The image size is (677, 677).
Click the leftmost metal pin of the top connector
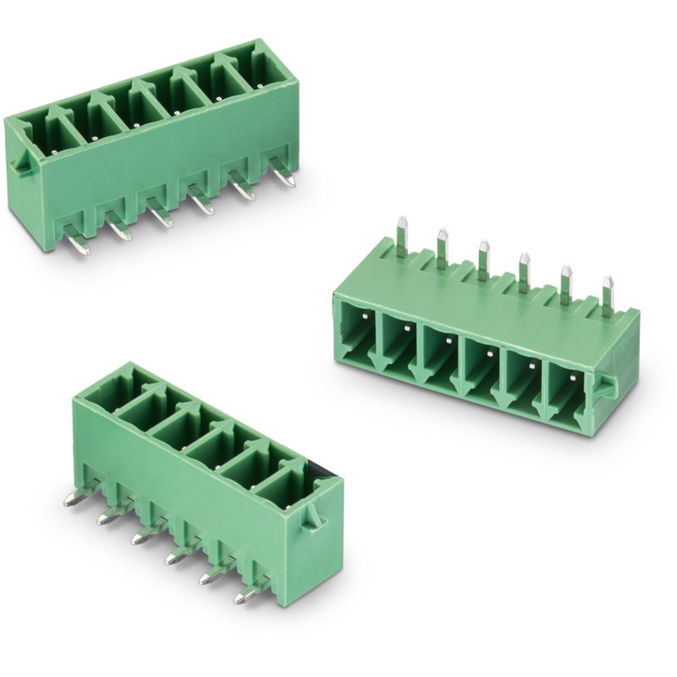pos(78,244)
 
